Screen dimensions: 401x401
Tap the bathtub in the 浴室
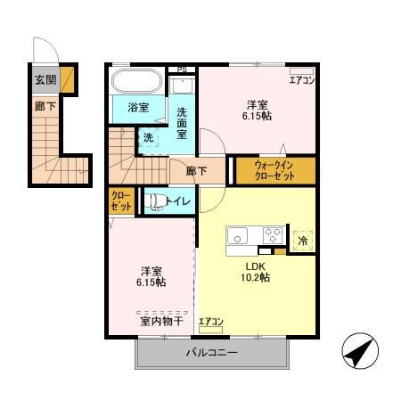tap(136, 84)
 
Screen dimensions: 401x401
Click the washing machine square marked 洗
tap(149, 137)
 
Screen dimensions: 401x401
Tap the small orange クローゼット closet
tap(121, 201)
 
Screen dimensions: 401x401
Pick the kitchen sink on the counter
tap(239, 236)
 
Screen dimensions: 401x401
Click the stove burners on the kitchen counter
tap(273, 236)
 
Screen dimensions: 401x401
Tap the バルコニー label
tap(211, 354)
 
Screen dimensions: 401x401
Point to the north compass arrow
tap(359, 354)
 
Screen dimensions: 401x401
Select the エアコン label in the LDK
tap(210, 321)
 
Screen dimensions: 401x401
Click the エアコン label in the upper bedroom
tap(301, 80)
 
